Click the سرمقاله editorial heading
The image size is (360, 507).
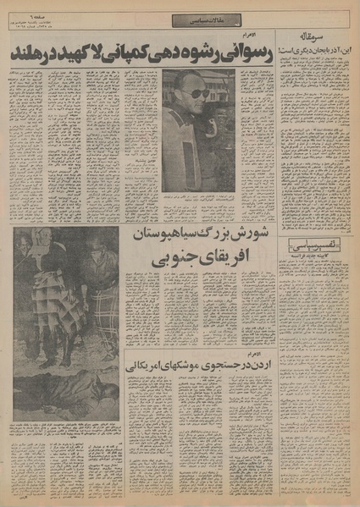pyautogui.click(x=331, y=40)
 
